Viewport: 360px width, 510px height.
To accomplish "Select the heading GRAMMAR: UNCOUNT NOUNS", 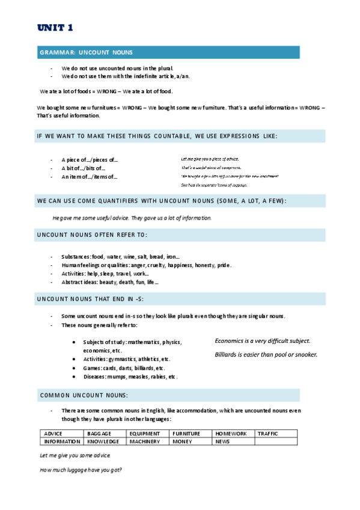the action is point(87,53).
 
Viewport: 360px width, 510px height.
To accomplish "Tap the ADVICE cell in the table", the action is point(53,434).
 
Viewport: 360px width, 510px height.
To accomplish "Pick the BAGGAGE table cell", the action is point(99,434).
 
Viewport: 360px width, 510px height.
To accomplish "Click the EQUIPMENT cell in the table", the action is point(144,434).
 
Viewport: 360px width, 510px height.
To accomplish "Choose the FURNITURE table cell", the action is point(186,434).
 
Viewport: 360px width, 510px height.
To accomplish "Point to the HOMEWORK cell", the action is point(231,434).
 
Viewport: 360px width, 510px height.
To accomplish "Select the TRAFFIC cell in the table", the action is point(268,434).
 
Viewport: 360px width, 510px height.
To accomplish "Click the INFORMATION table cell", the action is point(62,441).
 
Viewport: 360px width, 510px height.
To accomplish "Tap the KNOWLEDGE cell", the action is point(103,441).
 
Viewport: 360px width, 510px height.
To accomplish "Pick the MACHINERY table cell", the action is point(145,441).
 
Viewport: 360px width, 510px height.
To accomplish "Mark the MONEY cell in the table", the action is point(182,441).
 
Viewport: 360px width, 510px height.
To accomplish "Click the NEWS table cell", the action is point(223,441).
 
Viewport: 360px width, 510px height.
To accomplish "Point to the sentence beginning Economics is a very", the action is point(263,341).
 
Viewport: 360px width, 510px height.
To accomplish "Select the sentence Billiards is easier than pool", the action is point(266,354).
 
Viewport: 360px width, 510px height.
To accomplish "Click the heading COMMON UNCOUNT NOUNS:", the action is point(84,395).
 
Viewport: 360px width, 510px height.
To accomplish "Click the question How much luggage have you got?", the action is point(81,470).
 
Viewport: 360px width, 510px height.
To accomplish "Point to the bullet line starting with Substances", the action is point(120,257).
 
